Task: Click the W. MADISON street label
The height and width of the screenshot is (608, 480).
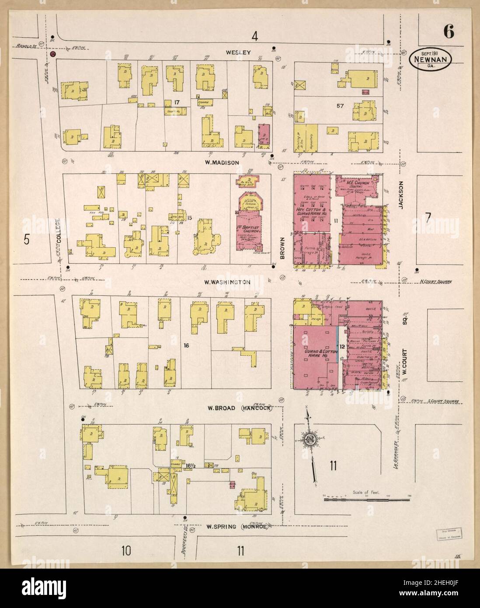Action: tap(223, 163)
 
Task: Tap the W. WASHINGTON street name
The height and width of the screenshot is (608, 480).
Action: tap(228, 282)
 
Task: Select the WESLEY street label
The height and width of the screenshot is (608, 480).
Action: tap(238, 52)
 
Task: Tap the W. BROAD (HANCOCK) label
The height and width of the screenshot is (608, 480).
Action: tap(240, 409)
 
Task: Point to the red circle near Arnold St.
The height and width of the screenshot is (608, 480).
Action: tap(53, 54)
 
